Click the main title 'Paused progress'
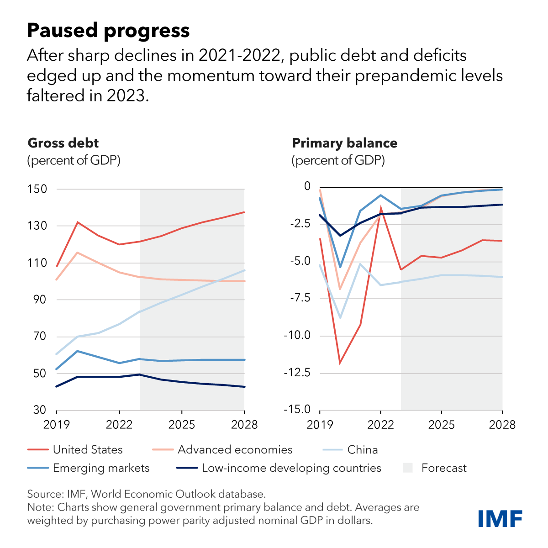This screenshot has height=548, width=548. click(108, 31)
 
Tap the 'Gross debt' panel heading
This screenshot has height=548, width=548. click(63, 143)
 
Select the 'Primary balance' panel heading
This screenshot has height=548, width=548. click(344, 143)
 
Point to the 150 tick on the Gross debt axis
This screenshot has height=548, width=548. click(37, 189)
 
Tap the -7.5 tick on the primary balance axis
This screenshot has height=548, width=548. click(298, 298)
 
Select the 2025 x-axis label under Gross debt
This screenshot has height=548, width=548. click(182, 425)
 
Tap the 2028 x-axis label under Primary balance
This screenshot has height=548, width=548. click(502, 425)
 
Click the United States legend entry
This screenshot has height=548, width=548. click(88, 450)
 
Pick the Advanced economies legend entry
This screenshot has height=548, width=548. click(235, 450)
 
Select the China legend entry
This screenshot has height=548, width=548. click(362, 450)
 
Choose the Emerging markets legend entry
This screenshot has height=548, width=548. click(101, 468)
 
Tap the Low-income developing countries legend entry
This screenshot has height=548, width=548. click(291, 468)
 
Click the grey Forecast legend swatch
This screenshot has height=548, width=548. click(408, 468)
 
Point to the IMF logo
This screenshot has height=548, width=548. click(500, 518)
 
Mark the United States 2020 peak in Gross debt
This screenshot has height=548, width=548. click(78, 222)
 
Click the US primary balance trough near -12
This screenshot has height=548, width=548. click(340, 363)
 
